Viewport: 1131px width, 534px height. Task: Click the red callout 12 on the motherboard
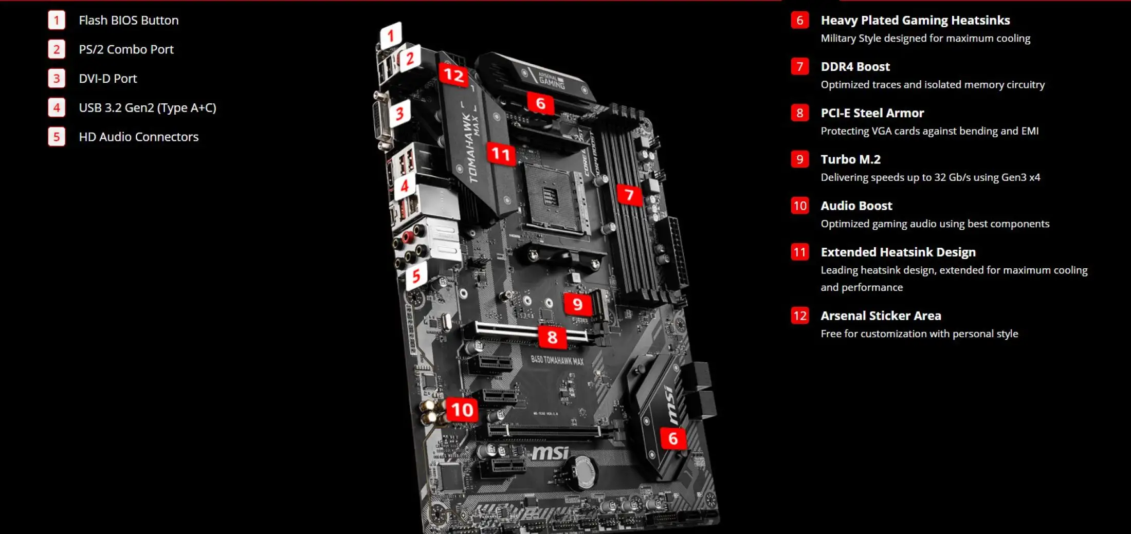point(453,76)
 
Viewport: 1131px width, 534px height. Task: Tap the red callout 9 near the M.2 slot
point(577,304)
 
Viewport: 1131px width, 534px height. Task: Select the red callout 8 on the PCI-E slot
point(552,337)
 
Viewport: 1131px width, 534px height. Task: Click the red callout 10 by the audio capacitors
point(462,410)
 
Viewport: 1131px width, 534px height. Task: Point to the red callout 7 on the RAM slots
point(629,195)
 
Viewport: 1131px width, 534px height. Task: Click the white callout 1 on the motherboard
point(391,35)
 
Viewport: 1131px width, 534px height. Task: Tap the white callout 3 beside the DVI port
point(399,113)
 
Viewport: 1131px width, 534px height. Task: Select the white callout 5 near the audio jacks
point(416,277)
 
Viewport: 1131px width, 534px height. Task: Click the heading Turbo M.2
point(850,159)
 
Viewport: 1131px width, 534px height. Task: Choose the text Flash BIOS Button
point(129,20)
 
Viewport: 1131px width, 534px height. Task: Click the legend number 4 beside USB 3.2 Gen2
point(57,107)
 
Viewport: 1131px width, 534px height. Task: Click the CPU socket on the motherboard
point(553,198)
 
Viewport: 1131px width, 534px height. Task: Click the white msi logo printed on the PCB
point(550,453)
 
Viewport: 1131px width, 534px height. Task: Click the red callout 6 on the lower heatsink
point(672,438)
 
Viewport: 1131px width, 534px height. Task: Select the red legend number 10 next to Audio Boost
point(799,206)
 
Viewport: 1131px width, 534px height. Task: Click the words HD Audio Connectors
point(138,137)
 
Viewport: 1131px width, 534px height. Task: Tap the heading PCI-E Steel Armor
point(872,113)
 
